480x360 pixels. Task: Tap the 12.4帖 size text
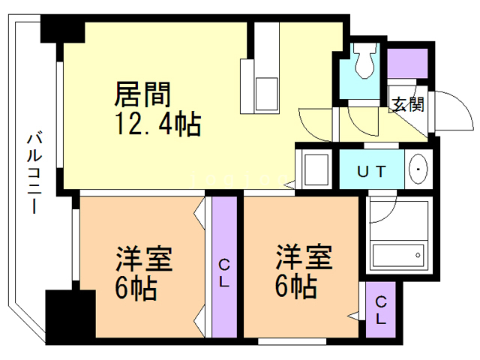click(157, 124)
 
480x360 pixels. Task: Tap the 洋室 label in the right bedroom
click(303, 258)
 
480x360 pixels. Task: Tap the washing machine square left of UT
click(314, 168)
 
